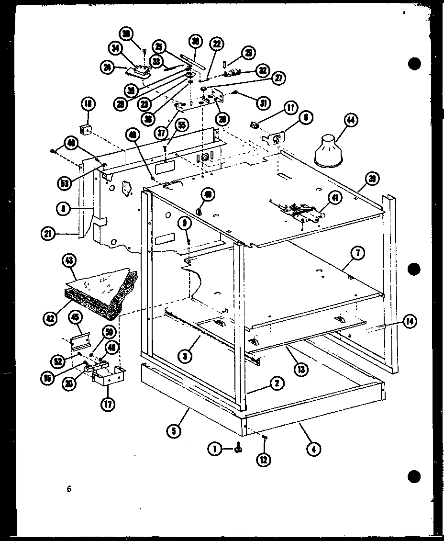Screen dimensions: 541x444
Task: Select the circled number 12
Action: click(264, 460)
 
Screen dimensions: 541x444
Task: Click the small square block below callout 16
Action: click(87, 130)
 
